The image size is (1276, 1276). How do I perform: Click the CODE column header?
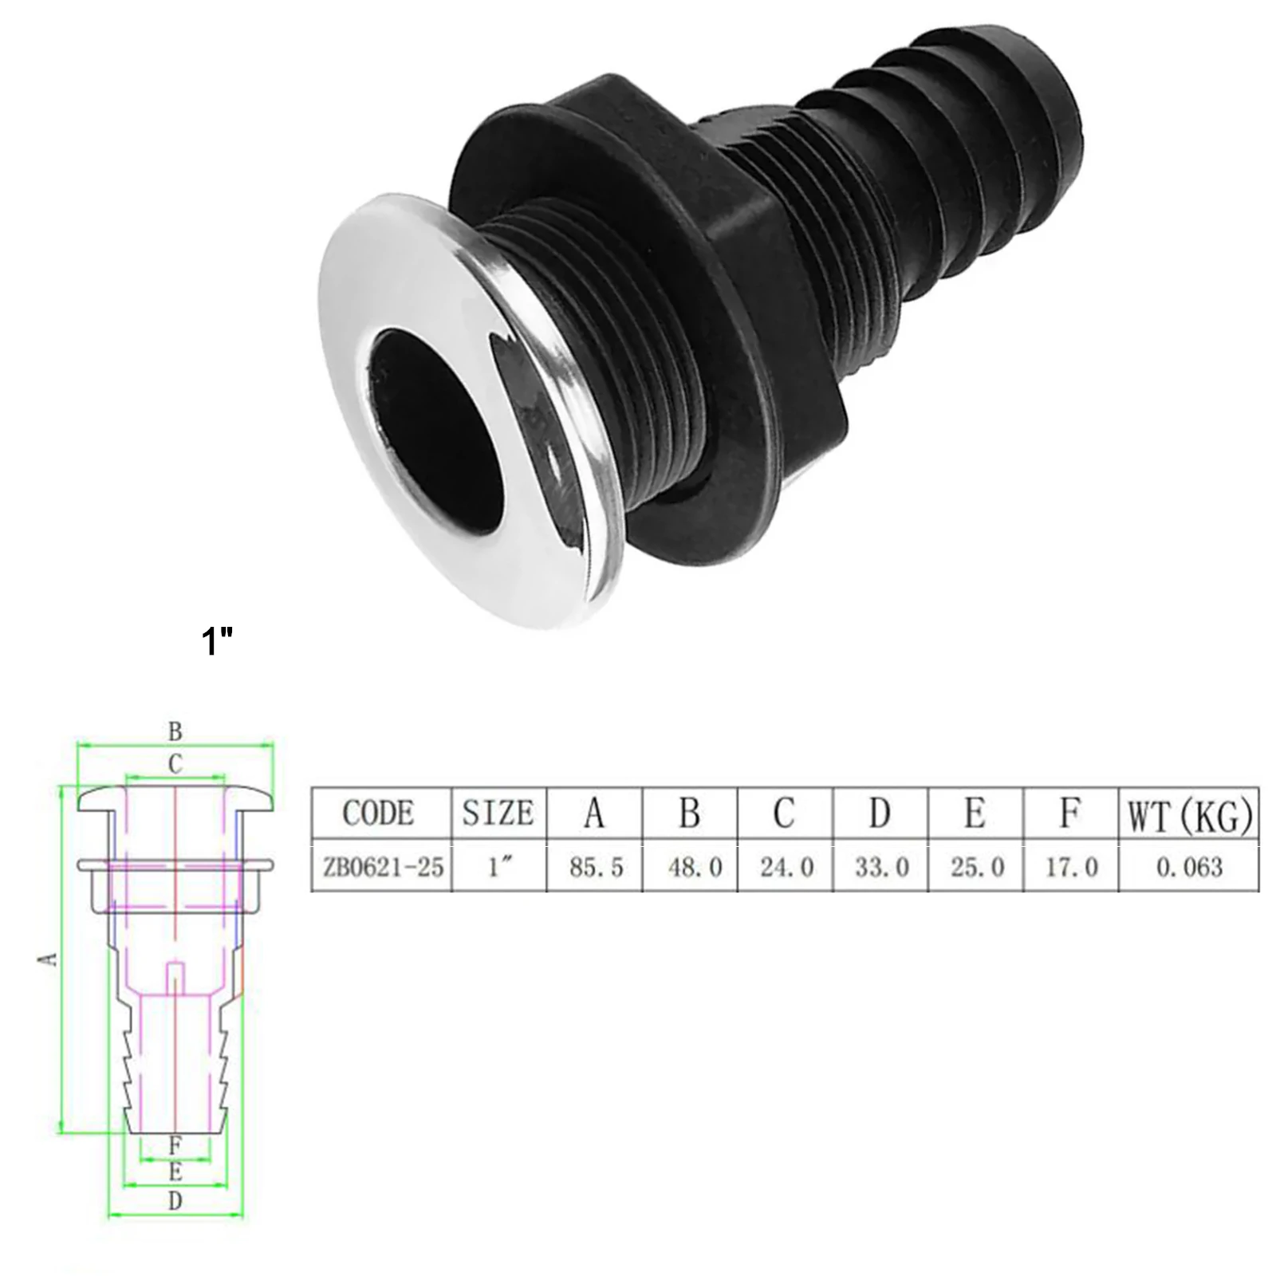379,813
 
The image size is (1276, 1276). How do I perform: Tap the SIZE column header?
498,813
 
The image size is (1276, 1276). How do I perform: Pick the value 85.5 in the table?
596,867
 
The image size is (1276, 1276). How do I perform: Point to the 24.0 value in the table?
786,867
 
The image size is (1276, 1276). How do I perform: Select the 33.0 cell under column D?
882,867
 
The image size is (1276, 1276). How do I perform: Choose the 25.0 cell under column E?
977,867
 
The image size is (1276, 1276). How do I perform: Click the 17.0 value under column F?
1072,867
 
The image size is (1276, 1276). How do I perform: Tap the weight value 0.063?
1189,867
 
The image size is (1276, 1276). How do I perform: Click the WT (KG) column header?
1189,815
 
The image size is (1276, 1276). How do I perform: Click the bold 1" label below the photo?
217,640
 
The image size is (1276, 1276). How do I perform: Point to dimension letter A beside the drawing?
49,957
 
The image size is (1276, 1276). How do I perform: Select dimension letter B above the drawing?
175,731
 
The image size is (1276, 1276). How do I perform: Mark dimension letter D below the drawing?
175,1223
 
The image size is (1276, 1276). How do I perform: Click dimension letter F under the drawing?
175,1146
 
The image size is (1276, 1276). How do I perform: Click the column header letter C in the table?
784,813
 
